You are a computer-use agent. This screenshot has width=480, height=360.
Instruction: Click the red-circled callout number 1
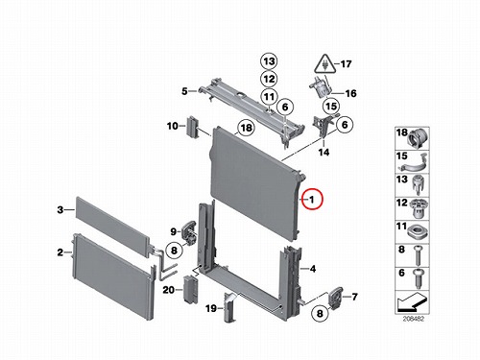(312, 200)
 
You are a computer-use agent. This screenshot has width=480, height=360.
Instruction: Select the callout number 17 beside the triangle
(346, 64)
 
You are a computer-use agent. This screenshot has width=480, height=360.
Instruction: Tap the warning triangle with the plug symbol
(325, 63)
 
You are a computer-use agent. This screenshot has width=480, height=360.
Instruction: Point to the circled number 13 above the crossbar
(269, 61)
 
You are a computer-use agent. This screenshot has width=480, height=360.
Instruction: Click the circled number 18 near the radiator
(246, 128)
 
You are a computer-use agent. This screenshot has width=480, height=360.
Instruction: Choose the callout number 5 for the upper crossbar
(184, 91)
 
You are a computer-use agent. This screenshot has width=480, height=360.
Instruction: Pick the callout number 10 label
(173, 126)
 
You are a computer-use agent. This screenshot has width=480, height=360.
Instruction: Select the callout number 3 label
(60, 210)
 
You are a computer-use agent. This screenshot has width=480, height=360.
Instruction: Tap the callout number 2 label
(60, 252)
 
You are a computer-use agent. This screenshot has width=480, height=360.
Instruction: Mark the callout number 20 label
(169, 290)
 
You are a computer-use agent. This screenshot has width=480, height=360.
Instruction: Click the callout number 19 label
(211, 308)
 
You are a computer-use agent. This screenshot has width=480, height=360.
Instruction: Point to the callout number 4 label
(313, 269)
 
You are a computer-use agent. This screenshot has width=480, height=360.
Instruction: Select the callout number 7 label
(354, 297)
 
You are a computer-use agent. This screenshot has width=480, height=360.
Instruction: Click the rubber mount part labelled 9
(189, 231)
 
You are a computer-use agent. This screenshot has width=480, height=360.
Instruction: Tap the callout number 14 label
(324, 152)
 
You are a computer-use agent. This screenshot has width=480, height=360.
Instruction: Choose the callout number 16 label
(351, 93)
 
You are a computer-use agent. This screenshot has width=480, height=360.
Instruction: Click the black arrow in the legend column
(411, 302)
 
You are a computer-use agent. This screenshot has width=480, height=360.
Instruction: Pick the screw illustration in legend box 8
(419, 255)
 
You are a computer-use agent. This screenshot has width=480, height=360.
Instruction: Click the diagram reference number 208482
(414, 319)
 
